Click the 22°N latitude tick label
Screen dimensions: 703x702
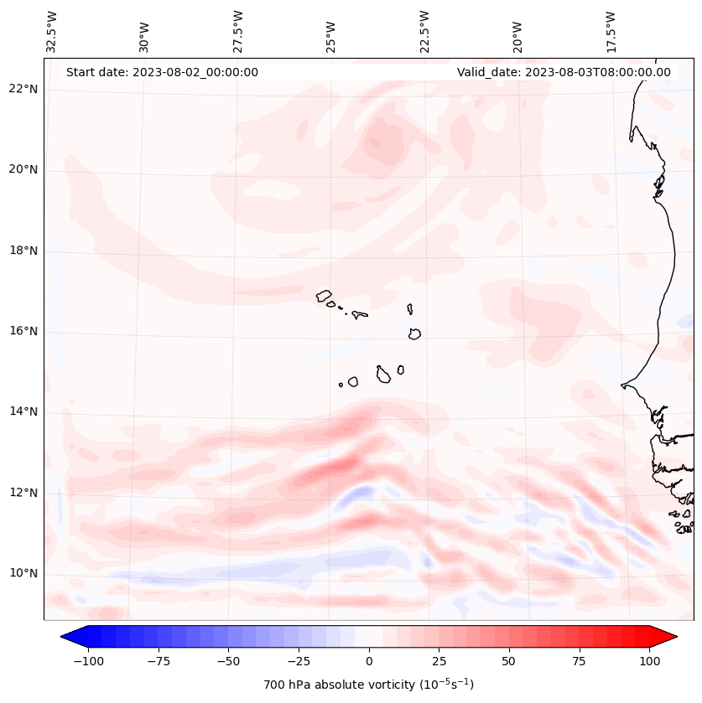tap(23, 90)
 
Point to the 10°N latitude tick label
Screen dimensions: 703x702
tap(23, 573)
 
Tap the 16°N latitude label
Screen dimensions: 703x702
tap(23, 331)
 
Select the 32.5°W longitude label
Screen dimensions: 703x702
tap(52, 32)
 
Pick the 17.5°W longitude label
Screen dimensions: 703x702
tap(611, 32)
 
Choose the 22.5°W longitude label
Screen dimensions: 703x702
tap(424, 32)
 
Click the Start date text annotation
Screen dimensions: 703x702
tap(162, 72)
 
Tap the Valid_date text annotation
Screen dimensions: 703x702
tap(564, 72)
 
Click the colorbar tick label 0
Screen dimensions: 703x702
tap(369, 661)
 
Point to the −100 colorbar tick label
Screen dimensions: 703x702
tap(88, 661)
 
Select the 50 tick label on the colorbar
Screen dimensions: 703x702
tap(509, 661)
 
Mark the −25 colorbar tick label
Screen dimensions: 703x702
tap(299, 661)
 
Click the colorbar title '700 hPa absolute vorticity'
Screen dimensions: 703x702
tap(369, 685)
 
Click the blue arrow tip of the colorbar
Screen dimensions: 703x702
tap(68, 637)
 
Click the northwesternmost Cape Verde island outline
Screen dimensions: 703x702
tap(324, 295)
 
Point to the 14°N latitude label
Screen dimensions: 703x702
tap(23, 411)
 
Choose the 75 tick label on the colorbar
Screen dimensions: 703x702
tap(580, 661)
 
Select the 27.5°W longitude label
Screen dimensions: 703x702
tap(238, 32)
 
